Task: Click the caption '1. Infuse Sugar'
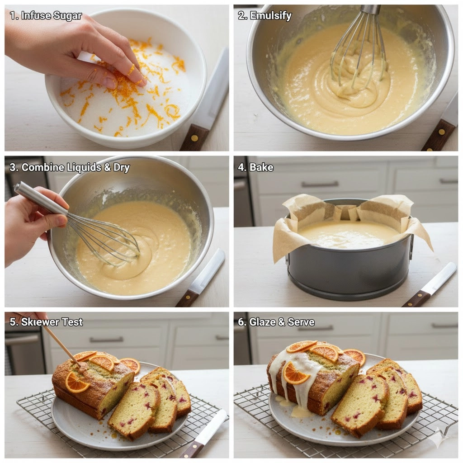tap(46, 15)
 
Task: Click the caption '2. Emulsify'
tap(265, 15)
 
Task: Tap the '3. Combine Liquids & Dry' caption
tap(70, 167)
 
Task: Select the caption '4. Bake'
tap(256, 167)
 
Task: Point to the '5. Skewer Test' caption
tap(47, 322)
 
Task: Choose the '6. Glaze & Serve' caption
tap(276, 322)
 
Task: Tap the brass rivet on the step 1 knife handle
tap(194, 137)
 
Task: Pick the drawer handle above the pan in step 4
tap(320, 184)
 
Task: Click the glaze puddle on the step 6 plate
tap(298, 411)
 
